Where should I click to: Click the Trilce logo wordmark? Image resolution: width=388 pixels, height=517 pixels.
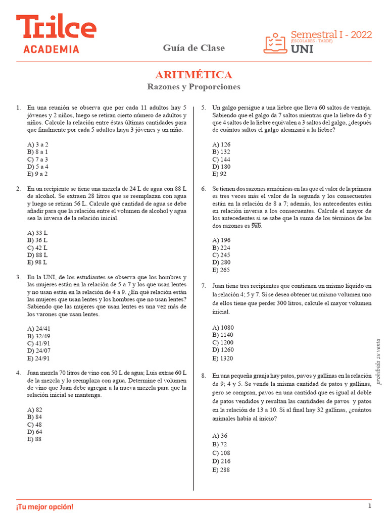tap(56, 28)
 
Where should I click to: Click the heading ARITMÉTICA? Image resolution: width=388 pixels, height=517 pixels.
tap(194, 75)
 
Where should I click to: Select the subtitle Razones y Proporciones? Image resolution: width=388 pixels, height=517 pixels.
tap(194, 87)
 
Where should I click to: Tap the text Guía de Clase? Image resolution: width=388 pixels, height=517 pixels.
tap(194, 48)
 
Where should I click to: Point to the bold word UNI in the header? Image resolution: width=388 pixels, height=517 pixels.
tap(302, 49)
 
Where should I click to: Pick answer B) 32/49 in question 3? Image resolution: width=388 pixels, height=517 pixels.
tap(39, 336)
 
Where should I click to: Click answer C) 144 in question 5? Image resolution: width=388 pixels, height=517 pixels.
tap(222, 159)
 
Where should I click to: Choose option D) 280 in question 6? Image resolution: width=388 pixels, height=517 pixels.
tap(222, 263)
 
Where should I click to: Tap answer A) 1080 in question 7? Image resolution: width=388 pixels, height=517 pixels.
tap(223, 328)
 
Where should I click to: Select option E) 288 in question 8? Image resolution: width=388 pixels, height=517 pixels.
tap(222, 470)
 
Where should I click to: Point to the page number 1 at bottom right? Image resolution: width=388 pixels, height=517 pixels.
tap(370, 506)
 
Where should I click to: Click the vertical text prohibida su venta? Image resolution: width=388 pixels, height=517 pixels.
tap(378, 361)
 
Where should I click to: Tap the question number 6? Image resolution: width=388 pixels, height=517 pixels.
tap(203, 189)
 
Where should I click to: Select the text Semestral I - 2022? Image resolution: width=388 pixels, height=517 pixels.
tap(331, 35)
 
